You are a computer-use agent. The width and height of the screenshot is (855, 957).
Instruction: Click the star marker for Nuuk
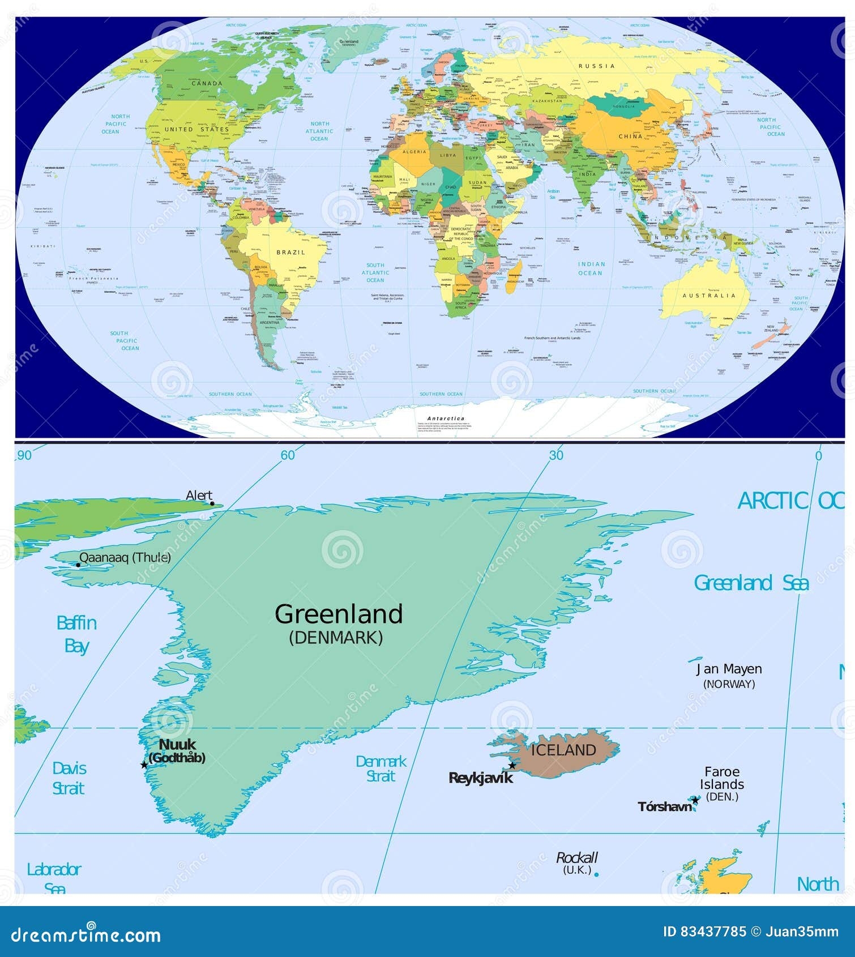[x=144, y=765]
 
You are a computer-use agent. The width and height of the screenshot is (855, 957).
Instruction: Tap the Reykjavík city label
[x=480, y=778]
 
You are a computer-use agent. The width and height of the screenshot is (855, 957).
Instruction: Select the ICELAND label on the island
[x=563, y=750]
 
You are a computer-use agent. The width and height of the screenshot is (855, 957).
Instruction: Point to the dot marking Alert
[x=212, y=503]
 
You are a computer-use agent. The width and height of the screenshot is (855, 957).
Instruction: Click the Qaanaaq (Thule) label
[x=125, y=558]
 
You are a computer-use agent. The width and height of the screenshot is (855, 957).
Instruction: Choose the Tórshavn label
[x=665, y=807]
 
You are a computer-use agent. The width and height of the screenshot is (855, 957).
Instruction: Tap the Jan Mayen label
[x=729, y=669]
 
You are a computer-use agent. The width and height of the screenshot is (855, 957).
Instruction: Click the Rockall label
[x=576, y=858]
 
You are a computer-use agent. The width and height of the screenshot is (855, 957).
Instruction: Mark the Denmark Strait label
[x=381, y=769]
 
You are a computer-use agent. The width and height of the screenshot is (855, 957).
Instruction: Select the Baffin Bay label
[x=76, y=635]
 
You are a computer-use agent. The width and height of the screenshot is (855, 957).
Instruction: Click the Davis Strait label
[x=69, y=779]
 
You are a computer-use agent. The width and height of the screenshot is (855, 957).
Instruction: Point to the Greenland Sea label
[x=751, y=583]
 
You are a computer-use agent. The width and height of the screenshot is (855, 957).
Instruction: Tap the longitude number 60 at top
[x=288, y=455]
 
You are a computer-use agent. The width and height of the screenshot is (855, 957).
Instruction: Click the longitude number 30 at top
[x=556, y=455]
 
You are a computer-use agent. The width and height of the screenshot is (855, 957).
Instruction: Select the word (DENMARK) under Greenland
[x=336, y=638]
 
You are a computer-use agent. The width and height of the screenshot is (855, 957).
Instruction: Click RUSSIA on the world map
[x=596, y=66]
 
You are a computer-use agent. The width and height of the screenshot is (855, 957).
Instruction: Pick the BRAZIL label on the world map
[x=290, y=253]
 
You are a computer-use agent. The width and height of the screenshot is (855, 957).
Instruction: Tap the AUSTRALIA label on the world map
[x=709, y=296]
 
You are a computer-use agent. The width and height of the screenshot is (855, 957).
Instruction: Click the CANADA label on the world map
[x=207, y=84]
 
